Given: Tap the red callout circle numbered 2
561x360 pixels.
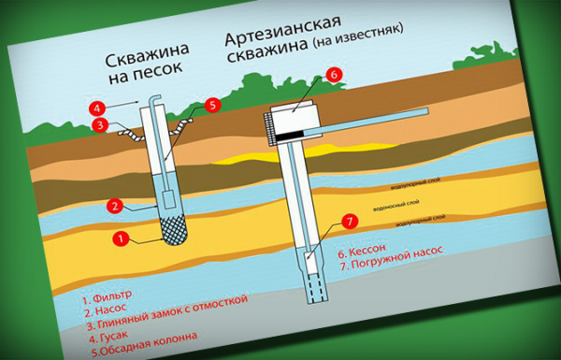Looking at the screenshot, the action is pos(115,205).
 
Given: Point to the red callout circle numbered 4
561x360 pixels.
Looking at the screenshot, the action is pos(97,107).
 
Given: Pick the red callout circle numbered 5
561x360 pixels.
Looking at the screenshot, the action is pos(212,106).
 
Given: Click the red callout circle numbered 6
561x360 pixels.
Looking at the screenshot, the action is pos(334,73).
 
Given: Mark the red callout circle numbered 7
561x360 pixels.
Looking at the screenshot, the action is pos(349,222).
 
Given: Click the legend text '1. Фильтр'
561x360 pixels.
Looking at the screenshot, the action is pos(107,296).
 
